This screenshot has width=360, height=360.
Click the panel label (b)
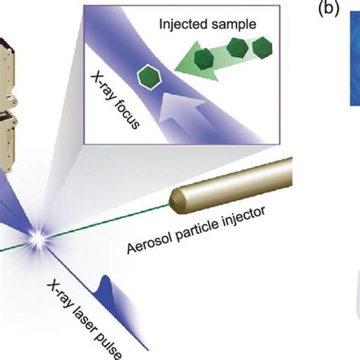[x=329, y=10]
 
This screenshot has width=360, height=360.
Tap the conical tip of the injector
[x=172, y=201]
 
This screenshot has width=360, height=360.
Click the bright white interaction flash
[x=36, y=239]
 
